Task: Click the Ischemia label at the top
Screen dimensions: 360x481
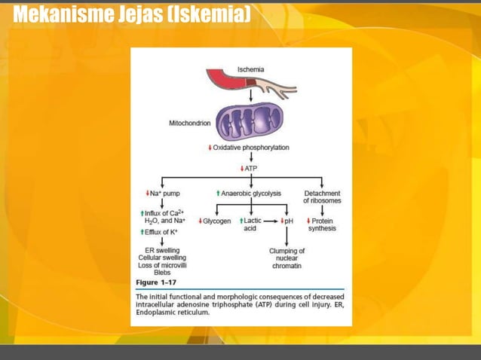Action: (250, 69)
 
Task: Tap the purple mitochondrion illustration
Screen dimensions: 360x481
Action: (249, 121)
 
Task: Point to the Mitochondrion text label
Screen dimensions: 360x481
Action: (190, 124)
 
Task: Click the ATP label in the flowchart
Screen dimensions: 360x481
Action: (250, 169)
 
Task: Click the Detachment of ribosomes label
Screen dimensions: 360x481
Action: (322, 197)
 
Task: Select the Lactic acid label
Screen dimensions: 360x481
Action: (251, 224)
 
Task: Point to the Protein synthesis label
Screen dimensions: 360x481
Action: (323, 224)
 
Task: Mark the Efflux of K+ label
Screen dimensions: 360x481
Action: (163, 232)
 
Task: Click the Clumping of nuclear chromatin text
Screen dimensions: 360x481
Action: (286, 258)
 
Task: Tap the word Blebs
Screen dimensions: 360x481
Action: (161, 273)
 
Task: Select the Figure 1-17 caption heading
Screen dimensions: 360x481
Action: (155, 282)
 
